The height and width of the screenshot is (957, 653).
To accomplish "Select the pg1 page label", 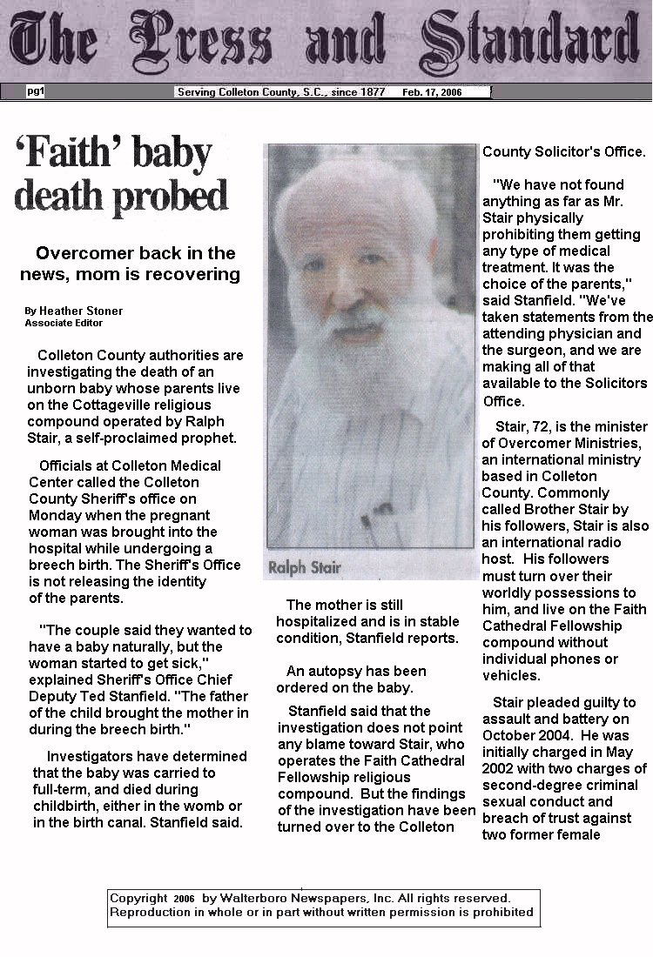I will [36, 90].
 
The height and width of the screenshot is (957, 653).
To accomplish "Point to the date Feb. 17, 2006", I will [432, 92].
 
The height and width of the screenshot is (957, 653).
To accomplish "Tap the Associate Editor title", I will [64, 323].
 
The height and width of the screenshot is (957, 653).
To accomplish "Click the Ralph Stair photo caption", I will [305, 568].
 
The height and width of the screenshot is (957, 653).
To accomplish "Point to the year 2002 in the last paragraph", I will [502, 768].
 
